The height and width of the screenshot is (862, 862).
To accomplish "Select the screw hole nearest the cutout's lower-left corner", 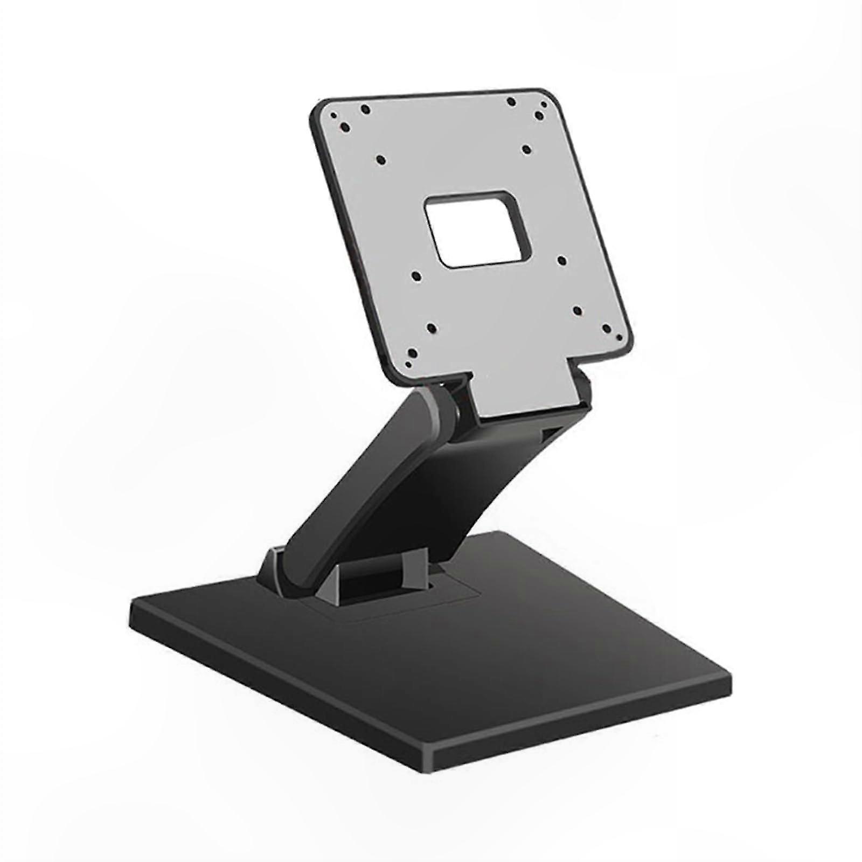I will point(416,276).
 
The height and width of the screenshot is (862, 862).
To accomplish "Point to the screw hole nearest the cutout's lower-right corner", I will point(562,261).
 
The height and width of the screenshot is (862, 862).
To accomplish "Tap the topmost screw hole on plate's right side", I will point(511,101).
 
